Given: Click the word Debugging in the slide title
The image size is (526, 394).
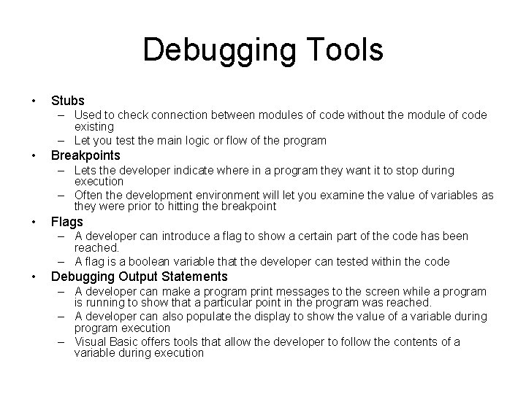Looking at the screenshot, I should point(216,50).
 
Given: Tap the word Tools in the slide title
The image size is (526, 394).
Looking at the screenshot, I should point(341,50).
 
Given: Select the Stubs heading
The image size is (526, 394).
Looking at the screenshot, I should point(68,101).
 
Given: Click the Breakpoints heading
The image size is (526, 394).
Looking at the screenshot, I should point(85,155).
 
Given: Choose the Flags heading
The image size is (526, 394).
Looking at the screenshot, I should point(67,222).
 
